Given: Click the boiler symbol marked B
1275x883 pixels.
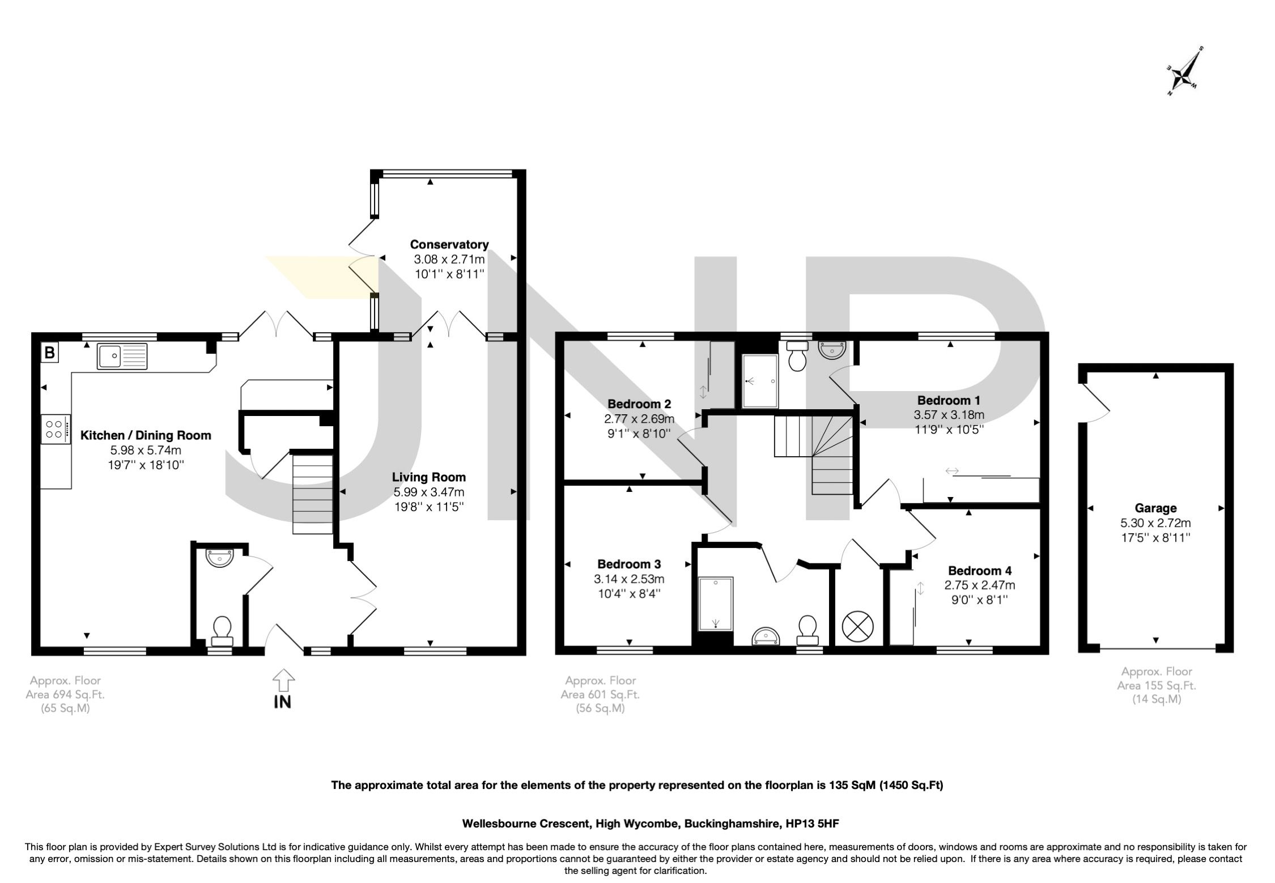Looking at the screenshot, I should pyautogui.click(x=50, y=353).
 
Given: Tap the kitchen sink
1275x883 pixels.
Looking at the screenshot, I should pyautogui.click(x=122, y=356).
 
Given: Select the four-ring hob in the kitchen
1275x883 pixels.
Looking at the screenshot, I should pyautogui.click(x=56, y=428).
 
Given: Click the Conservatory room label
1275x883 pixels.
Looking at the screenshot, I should pyautogui.click(x=449, y=244).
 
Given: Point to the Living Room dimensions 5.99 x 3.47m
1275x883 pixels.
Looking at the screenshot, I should pyautogui.click(x=429, y=492).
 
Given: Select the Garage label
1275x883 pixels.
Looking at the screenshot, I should pyautogui.click(x=1155, y=508).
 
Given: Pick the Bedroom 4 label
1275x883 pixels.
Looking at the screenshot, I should pyautogui.click(x=980, y=570).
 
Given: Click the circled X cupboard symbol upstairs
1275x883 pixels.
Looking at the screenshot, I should pyautogui.click(x=858, y=626).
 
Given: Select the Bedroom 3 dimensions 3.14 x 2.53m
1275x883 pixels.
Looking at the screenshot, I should pyautogui.click(x=629, y=579).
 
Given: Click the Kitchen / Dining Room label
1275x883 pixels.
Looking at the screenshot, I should pyautogui.click(x=146, y=435).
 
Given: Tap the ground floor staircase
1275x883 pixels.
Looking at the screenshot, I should pyautogui.click(x=312, y=493).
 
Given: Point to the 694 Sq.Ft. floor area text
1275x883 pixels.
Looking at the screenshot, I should pyautogui.click(x=65, y=694).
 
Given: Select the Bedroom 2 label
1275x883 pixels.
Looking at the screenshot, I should pyautogui.click(x=639, y=404).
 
